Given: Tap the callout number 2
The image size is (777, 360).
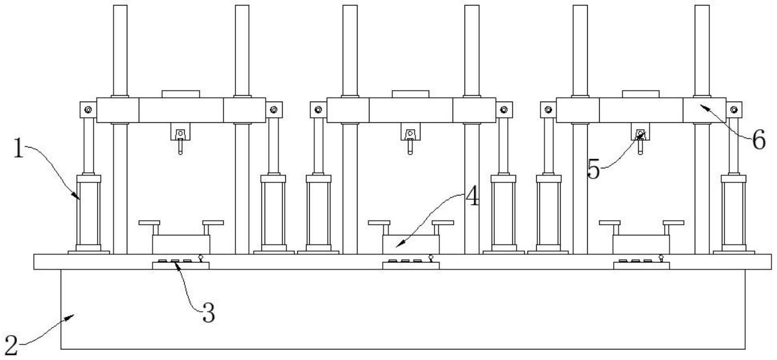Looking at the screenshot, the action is [x=11, y=345].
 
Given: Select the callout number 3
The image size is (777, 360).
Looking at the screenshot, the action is [x=209, y=313].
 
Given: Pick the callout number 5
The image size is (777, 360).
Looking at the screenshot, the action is [x=594, y=169].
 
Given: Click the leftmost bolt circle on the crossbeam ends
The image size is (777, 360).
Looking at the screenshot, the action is [x=88, y=110].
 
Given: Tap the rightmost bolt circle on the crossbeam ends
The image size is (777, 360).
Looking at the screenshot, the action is [x=734, y=110].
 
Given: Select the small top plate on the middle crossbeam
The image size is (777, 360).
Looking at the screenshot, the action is [x=410, y=94].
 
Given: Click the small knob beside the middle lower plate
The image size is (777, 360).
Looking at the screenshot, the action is [x=431, y=258].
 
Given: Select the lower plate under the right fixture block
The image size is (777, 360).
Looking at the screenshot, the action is [x=641, y=266].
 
